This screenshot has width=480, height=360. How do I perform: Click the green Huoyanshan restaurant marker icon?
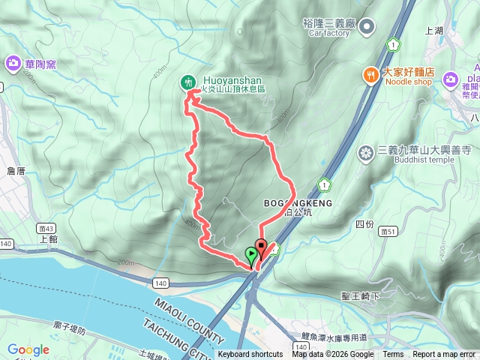[188, 82]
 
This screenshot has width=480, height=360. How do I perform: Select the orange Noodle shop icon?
[370, 74]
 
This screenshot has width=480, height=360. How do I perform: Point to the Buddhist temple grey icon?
[367, 154]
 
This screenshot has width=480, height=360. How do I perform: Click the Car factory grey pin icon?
[367, 28]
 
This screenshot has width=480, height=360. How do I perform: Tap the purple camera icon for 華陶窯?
[13, 64]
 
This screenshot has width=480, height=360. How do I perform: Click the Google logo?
[28, 349]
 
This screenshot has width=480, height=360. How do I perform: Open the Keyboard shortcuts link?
[250, 355]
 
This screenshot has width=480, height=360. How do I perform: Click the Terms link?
[393, 355]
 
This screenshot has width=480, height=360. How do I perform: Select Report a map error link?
[444, 355]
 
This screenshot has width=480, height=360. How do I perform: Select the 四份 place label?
[364, 223]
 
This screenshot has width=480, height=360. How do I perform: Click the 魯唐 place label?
[16, 171]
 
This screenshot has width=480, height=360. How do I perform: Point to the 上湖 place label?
[434, 31]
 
